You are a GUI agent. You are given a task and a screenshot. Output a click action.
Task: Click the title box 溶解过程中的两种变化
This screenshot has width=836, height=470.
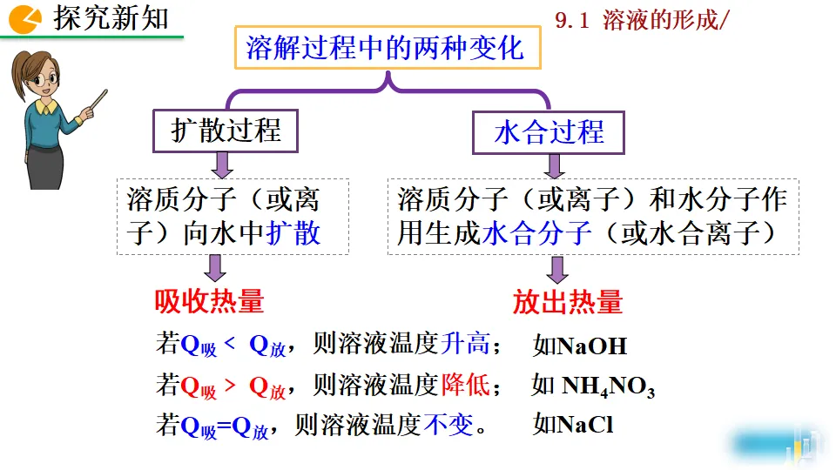pyautogui.click(x=387, y=47)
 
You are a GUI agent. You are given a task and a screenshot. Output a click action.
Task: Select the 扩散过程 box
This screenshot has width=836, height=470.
pyautogui.click(x=226, y=131)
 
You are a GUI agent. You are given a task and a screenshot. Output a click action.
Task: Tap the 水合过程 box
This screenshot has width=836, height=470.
pyautogui.click(x=549, y=132)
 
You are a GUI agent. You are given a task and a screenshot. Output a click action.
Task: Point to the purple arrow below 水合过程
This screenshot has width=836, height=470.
pyautogui.click(x=554, y=165)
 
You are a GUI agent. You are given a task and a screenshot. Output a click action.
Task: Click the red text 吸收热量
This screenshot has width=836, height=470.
pyautogui.click(x=209, y=301)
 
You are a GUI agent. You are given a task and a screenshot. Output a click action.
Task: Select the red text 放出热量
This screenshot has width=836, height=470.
pyautogui.click(x=568, y=301)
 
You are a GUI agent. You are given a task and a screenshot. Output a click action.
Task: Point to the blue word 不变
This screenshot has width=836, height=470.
pyautogui.click(x=448, y=425)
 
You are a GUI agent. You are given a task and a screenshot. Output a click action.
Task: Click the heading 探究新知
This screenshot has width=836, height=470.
pyautogui.click(x=111, y=18)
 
